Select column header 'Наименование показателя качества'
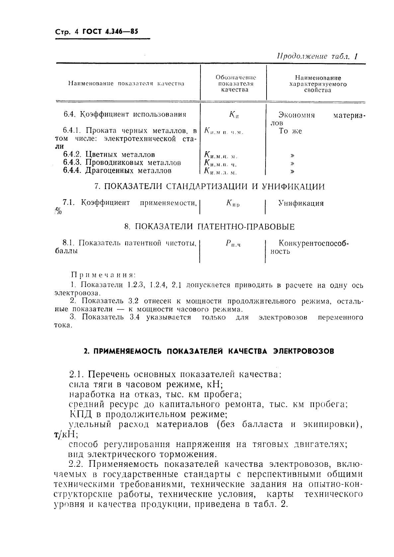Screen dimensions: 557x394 126,84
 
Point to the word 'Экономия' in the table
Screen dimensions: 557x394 296,115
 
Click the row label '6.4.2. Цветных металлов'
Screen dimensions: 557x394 109,155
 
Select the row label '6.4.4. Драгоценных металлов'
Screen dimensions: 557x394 117,171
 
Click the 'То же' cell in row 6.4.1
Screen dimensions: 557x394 290,131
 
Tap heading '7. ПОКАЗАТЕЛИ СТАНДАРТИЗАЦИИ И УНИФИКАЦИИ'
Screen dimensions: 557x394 209,186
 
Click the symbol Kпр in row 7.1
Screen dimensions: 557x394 233,204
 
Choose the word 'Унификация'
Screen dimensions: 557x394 301,203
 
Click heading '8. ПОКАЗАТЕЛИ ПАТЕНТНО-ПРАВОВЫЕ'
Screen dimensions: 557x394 209,227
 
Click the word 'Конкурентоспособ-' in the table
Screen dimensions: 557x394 314,244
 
